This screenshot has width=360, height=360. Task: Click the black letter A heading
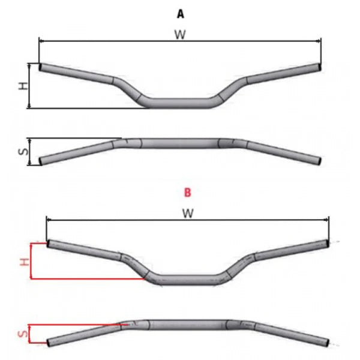(x=181, y=14)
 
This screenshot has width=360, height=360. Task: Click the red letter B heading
(x=187, y=193)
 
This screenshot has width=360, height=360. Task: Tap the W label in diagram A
(x=180, y=35)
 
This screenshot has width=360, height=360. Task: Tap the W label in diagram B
(x=188, y=213)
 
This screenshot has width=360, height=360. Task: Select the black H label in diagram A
(x=23, y=86)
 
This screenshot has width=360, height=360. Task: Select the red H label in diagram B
(x=25, y=262)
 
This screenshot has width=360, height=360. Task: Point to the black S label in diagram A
(x=23, y=152)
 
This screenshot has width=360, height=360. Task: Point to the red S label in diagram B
(x=23, y=334)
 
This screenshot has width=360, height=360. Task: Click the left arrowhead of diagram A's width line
(x=41, y=41)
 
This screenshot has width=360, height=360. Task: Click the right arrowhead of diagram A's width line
(x=319, y=41)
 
